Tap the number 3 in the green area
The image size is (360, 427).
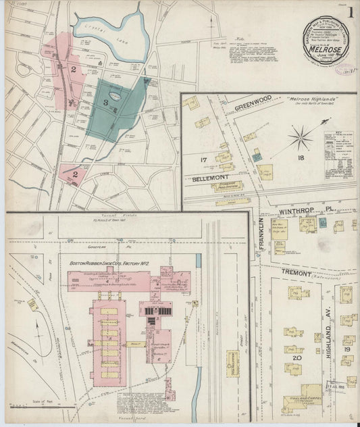tap(106, 102)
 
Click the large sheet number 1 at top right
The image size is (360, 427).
tap(351, 14)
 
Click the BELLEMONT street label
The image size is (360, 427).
tap(206, 179)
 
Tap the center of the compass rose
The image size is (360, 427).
tap(300, 139)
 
